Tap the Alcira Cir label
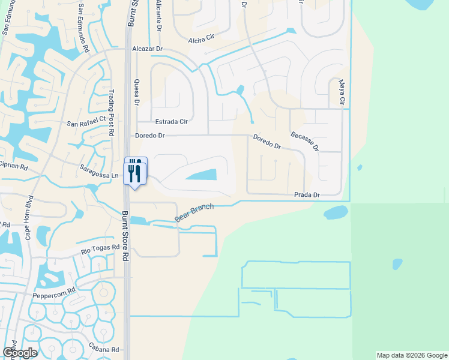point(201,41)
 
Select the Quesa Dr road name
point(137,92)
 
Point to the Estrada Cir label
point(172,122)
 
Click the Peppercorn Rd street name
point(54,289)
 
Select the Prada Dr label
point(307,195)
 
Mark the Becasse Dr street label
point(304,142)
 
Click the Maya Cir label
point(342,94)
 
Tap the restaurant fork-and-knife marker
point(135,172)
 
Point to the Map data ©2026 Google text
point(411,355)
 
